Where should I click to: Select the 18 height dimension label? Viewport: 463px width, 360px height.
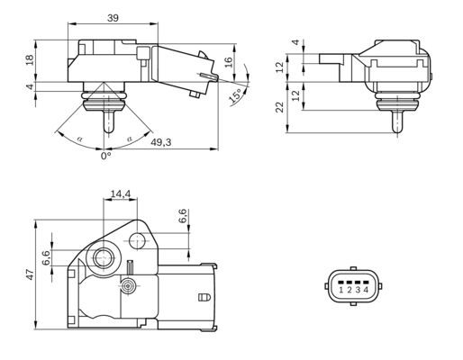coord(30,59)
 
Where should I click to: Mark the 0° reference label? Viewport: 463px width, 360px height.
coord(105,154)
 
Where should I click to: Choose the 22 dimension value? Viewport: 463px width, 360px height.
coord(280,106)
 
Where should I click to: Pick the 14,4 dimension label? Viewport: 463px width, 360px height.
coord(120,193)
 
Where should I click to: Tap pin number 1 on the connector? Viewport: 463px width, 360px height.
coord(340,290)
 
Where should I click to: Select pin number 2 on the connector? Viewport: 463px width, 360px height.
coord(349,290)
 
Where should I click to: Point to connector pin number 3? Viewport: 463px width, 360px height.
coord(358,290)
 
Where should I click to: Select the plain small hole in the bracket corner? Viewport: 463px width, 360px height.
coord(138,241)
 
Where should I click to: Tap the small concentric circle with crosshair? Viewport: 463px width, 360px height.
coord(130,285)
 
